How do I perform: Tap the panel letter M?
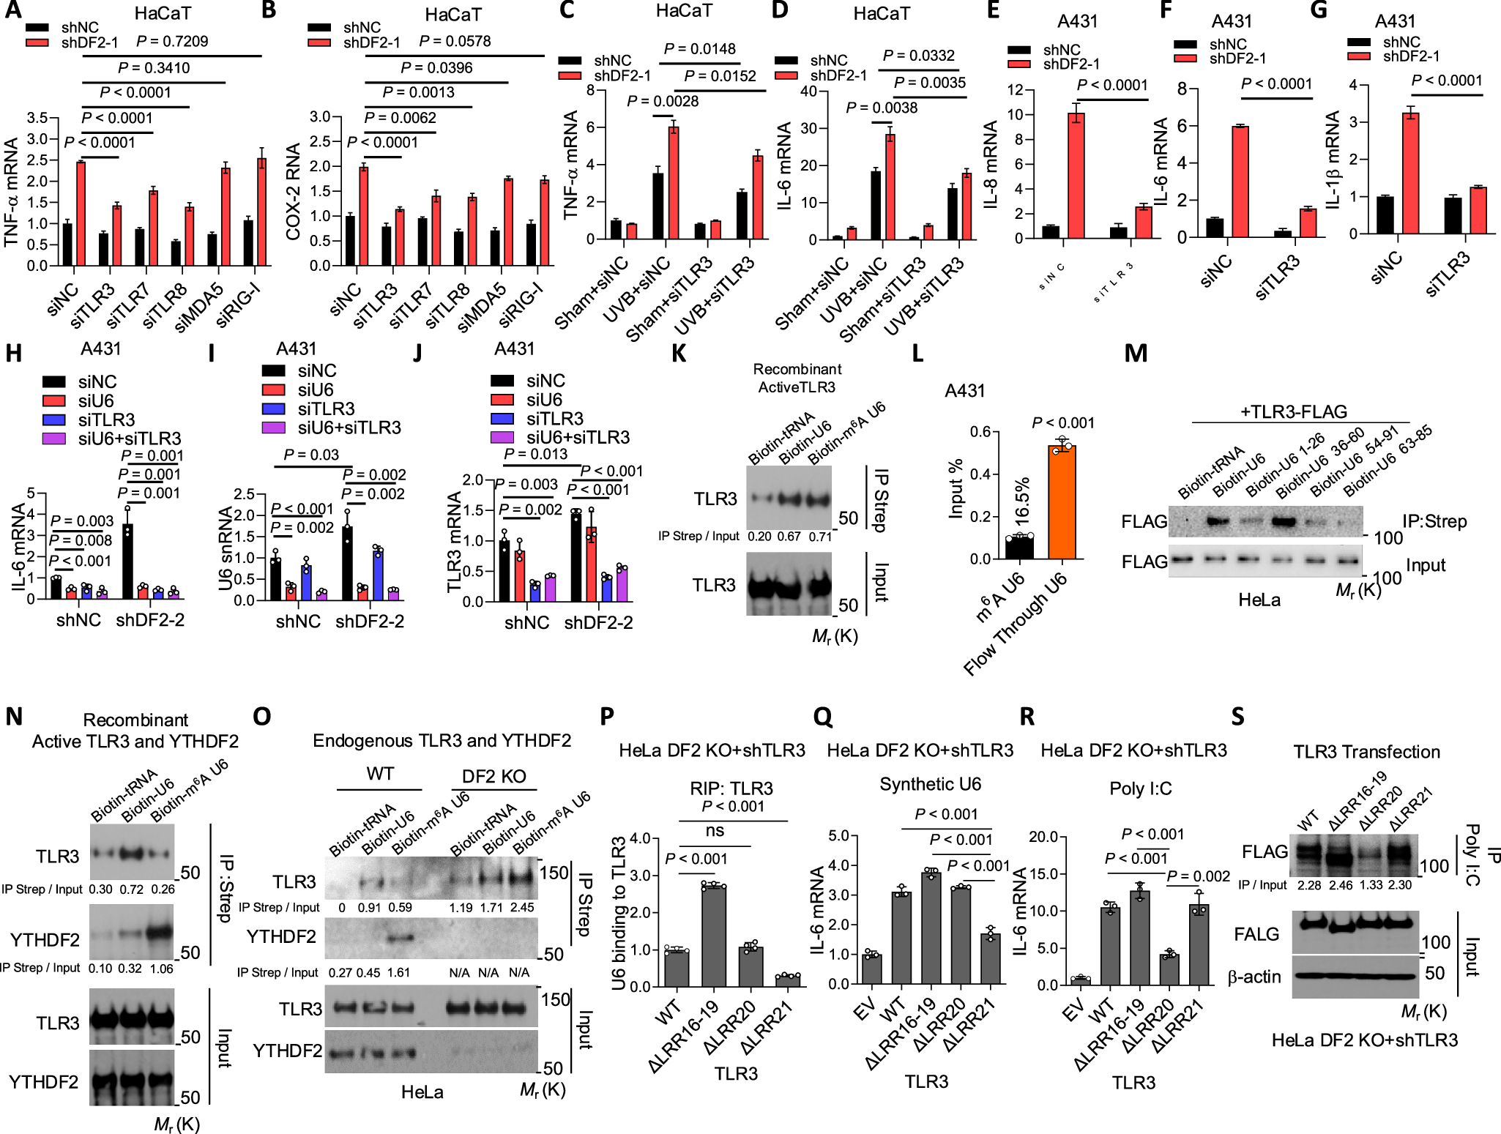tap(1135, 354)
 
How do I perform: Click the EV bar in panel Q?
tap(871, 969)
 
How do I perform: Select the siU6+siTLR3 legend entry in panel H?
tap(129, 438)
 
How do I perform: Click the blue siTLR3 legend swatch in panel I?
tap(273, 409)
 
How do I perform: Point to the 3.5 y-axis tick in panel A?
tap(37, 118)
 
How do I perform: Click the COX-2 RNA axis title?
tap(293, 191)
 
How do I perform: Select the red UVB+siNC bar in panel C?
tap(673, 184)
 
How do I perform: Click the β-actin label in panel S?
tap(1254, 977)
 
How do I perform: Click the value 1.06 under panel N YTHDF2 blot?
tap(161, 969)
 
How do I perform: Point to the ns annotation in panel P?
tap(715, 831)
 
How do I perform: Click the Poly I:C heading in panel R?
tap(1140, 788)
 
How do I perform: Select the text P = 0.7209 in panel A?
tap(172, 41)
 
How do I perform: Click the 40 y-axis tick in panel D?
tap(808, 92)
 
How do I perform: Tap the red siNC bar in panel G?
tap(1409, 174)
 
